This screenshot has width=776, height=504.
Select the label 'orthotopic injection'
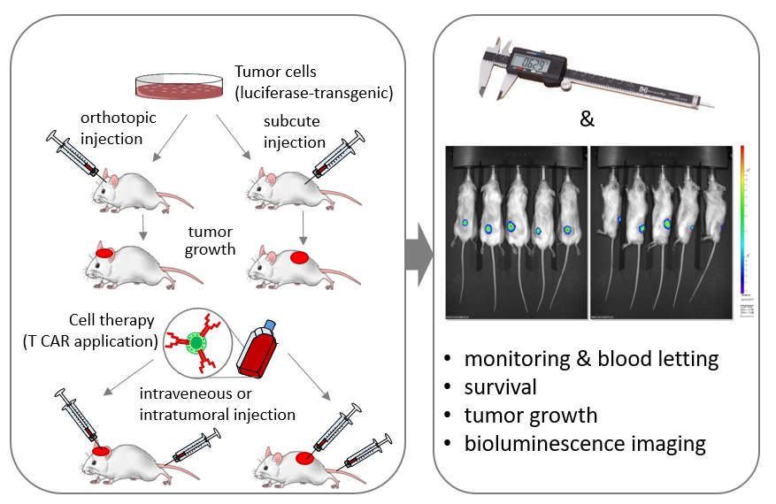click(112, 127)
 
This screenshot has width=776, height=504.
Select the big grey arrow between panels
click(417, 254)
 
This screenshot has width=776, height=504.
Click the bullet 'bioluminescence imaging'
click(585, 443)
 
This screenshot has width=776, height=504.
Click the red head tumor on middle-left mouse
click(104, 253)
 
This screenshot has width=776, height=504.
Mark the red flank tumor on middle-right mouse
click(300, 258)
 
